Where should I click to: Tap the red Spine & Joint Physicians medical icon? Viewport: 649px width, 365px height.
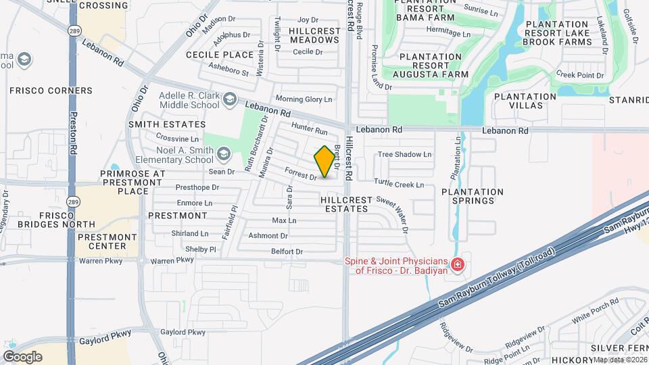[x=458, y=264]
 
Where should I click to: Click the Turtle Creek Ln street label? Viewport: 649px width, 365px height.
[x=399, y=184]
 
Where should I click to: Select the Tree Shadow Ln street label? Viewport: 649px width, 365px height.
[x=404, y=154]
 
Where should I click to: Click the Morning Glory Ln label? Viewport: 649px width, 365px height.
[x=304, y=99]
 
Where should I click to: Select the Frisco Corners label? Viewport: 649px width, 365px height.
[x=51, y=91]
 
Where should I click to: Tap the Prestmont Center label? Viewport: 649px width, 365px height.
[x=107, y=242]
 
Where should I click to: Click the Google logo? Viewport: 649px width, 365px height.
[x=22, y=356]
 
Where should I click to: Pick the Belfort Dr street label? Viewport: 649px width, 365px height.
[x=287, y=251]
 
